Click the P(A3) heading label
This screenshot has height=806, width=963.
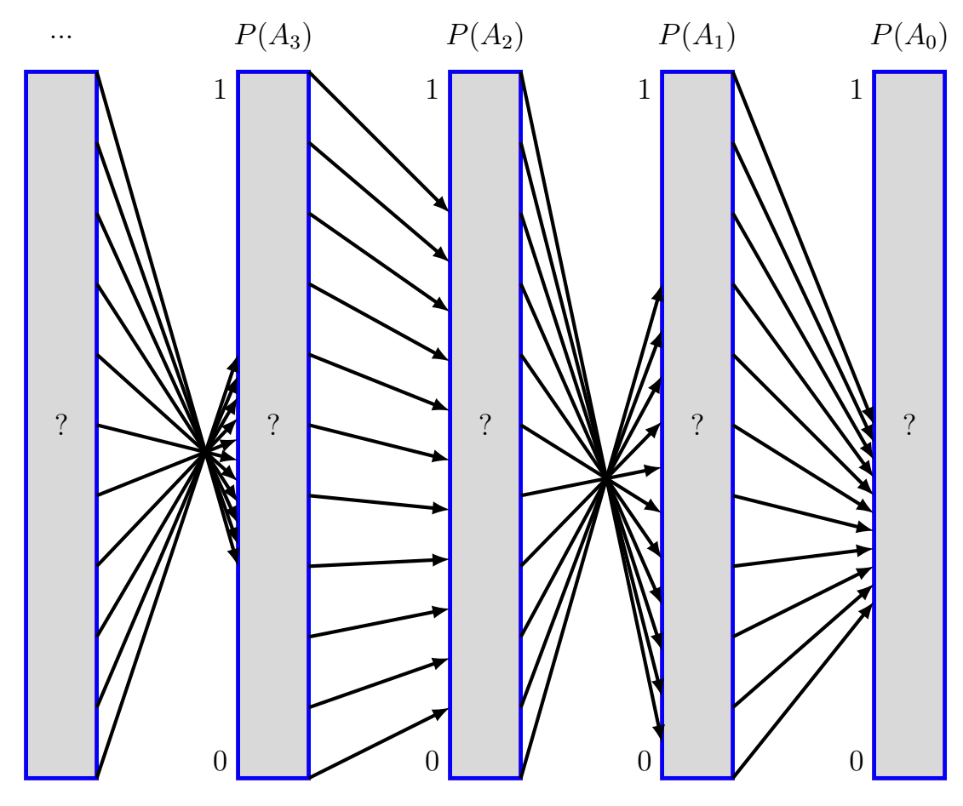coord(272,38)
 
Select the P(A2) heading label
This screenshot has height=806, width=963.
coord(484,38)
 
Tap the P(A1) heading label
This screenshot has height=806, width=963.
coord(696,38)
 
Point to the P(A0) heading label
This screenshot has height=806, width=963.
coord(909,38)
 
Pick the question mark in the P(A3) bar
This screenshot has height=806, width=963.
coord(273,425)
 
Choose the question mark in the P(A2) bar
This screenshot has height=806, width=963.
coord(485,425)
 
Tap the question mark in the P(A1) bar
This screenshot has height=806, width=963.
coord(697,425)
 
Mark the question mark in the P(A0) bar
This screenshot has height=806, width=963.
coord(909,425)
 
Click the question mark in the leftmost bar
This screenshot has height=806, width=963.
coord(61,425)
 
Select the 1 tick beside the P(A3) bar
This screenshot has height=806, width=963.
coord(220,90)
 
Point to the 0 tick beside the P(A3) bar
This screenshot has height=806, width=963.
coord(220,760)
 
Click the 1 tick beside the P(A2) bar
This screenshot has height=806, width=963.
coord(432,90)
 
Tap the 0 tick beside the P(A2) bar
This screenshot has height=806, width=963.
coord(432,760)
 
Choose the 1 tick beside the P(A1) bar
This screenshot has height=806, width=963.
coord(644,90)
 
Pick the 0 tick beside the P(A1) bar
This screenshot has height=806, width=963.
coord(644,760)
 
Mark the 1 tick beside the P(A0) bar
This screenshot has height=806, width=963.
coord(856,90)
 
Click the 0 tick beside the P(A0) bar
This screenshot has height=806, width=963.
coord(856,760)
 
